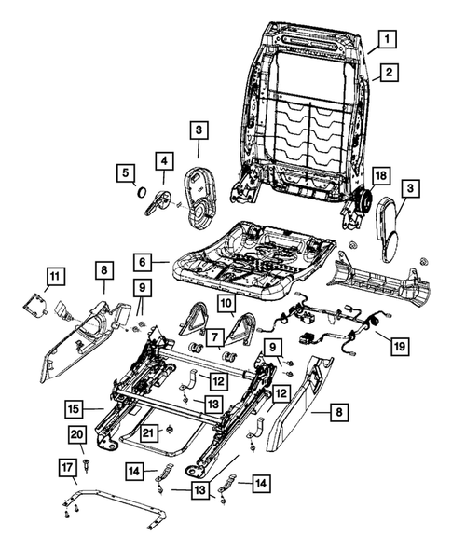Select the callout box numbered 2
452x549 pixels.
[385, 73]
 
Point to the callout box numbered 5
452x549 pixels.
[124, 172]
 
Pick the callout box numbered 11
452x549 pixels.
[56, 275]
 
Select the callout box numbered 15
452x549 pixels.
[72, 406]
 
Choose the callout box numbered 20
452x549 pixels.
[76, 436]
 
